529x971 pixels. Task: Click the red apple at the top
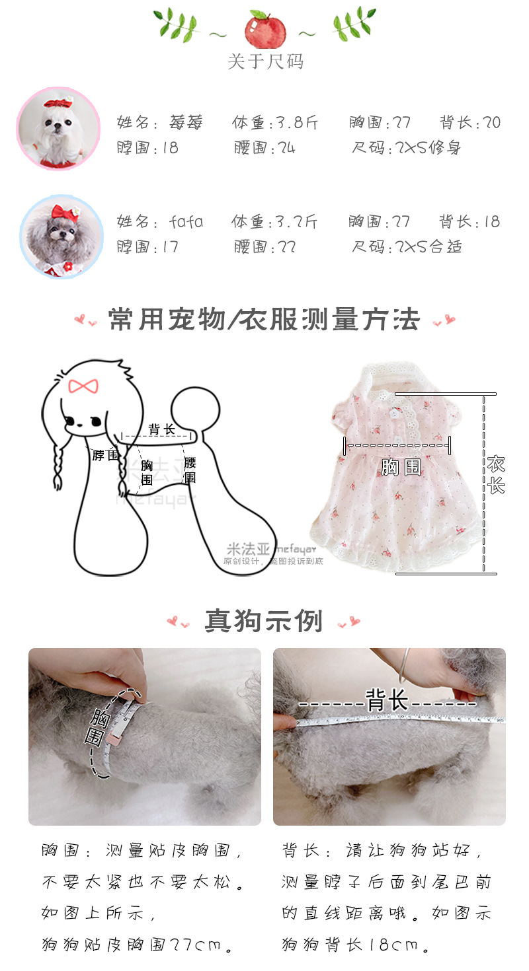[264, 30]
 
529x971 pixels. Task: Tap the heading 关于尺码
[265, 61]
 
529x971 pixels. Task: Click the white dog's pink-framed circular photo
[58, 128]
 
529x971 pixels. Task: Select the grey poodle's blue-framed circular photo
[61, 236]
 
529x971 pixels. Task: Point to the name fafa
[186, 221]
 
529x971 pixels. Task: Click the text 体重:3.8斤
[274, 123]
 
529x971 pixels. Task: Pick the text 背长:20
[470, 122]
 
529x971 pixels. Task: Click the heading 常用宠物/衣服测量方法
[264, 320]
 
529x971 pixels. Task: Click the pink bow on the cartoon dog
[83, 386]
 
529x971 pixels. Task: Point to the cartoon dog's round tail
[195, 410]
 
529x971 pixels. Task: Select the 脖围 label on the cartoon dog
[105, 455]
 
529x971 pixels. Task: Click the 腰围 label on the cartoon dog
[190, 470]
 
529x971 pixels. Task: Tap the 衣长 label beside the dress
[495, 475]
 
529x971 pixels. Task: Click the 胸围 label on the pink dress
[401, 468]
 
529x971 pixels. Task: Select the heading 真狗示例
[264, 621]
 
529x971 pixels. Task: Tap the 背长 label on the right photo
[387, 700]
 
